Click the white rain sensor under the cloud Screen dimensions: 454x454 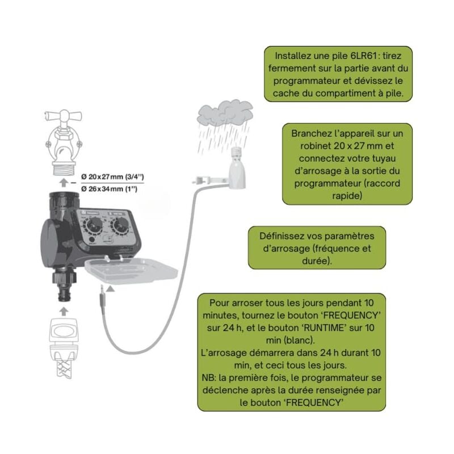point(237,170)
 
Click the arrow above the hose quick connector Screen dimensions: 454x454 point(64,311)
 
